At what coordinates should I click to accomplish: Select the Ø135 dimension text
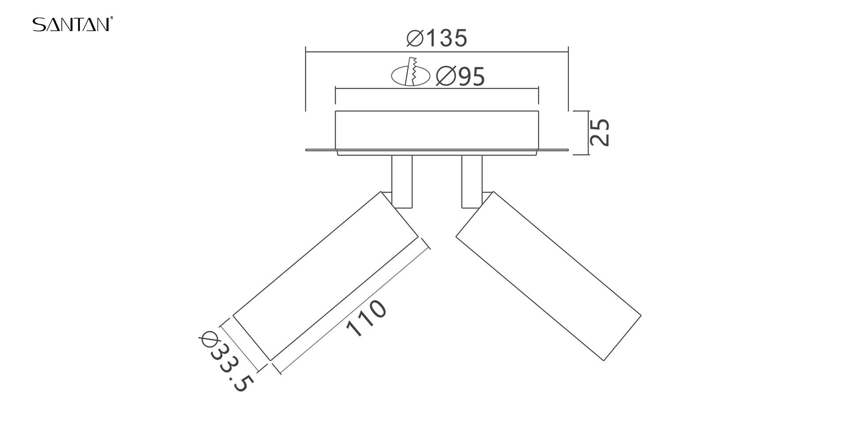(x=436, y=38)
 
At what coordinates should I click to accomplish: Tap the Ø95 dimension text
(x=460, y=76)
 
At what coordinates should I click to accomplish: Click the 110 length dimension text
(x=366, y=318)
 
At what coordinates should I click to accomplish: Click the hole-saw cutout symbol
(x=411, y=75)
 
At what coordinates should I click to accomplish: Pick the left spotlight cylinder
(x=326, y=276)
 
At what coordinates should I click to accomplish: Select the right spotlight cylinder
(x=548, y=276)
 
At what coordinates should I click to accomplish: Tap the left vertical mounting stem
(x=402, y=181)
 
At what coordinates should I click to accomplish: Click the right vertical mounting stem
(x=472, y=181)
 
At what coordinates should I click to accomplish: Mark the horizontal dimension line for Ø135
(x=437, y=52)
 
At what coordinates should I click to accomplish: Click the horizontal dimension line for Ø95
(x=437, y=89)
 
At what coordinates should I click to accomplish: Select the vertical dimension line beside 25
(x=589, y=132)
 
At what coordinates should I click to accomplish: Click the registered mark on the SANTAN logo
(x=112, y=18)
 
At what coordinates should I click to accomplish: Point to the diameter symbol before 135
(x=415, y=38)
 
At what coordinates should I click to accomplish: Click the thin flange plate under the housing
(x=437, y=150)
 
